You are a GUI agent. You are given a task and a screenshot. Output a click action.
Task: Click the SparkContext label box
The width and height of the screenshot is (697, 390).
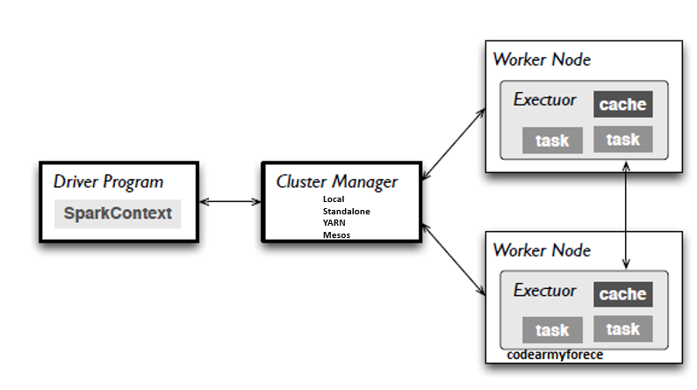(118, 213)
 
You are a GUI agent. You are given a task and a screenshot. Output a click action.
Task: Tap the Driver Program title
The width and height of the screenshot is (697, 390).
(108, 182)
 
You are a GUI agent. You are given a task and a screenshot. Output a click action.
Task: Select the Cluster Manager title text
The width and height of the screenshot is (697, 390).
(336, 182)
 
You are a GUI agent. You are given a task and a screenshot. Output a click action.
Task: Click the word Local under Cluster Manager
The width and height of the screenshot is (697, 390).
(334, 199)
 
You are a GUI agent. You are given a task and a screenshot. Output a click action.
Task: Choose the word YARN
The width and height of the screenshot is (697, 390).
(334, 223)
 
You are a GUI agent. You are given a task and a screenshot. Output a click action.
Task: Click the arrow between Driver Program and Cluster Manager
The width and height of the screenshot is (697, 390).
(231, 202)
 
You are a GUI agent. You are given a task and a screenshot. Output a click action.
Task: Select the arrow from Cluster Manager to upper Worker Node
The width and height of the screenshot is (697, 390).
(454, 146)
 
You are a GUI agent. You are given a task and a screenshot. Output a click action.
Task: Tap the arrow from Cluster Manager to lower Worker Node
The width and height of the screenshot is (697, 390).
(454, 258)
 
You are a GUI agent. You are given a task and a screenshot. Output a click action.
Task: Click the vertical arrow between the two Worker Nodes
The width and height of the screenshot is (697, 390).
(625, 214)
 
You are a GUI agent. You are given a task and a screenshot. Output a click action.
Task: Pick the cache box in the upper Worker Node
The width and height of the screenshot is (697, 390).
(622, 105)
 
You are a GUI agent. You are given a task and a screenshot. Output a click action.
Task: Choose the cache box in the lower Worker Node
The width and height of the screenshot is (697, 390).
(622, 294)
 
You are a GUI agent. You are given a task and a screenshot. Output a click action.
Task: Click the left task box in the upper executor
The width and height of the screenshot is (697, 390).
(552, 141)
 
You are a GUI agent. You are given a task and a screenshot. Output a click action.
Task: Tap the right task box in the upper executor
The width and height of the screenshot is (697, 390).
(622, 140)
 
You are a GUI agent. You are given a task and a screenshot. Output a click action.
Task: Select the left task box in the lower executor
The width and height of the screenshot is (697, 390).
(552, 330)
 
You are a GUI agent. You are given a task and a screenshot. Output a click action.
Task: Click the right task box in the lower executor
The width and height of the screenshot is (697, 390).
(622, 329)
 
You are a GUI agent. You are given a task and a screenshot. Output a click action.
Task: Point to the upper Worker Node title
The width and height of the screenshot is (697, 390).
(542, 60)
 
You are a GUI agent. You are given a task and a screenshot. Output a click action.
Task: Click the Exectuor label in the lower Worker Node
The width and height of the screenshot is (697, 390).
(544, 290)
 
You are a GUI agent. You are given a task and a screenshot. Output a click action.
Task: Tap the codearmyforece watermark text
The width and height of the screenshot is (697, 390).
(555, 356)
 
